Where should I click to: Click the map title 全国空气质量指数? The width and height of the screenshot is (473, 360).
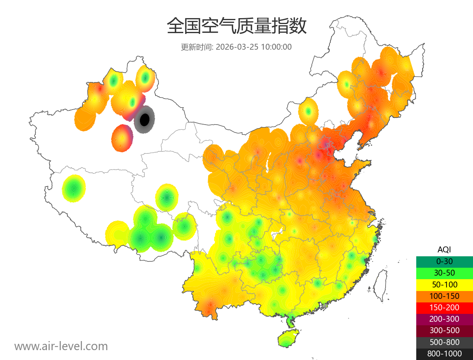[x=236, y=26]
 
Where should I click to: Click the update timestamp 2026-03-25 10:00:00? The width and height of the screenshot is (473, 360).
[x=254, y=47]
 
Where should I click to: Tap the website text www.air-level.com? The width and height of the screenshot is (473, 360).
[x=61, y=346]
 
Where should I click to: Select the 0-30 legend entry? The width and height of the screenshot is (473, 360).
[x=444, y=261]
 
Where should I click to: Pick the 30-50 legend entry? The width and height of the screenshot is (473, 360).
[x=444, y=273]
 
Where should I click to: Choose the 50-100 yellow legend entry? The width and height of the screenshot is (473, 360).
[x=444, y=284]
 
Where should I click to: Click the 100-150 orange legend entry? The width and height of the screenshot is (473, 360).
[x=444, y=296]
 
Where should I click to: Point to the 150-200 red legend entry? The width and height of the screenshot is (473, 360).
[x=444, y=307]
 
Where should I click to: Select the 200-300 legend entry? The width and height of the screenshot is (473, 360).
[x=444, y=319]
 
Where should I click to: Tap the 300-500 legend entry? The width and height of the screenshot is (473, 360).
[x=444, y=330]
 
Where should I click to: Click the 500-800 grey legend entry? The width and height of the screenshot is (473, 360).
[x=444, y=342]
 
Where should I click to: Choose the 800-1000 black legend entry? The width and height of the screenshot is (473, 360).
[x=444, y=354]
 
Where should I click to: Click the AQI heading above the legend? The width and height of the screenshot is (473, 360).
[x=444, y=250]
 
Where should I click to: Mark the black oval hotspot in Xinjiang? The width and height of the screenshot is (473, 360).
[x=145, y=119]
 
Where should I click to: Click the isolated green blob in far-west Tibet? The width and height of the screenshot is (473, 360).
[x=74, y=188]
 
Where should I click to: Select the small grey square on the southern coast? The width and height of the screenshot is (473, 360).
[x=325, y=306]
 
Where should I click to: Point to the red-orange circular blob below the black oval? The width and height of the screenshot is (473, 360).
[x=122, y=138]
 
